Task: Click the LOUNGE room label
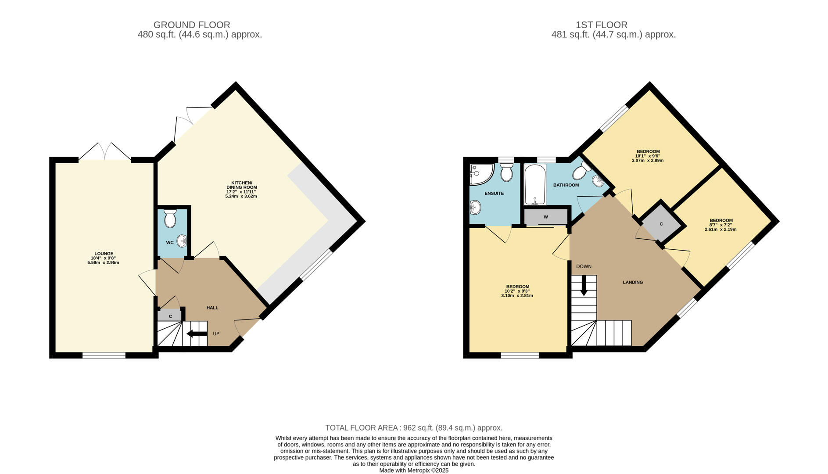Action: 103,254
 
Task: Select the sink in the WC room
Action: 182,241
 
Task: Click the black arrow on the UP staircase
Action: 197,334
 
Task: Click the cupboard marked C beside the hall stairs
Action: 169,316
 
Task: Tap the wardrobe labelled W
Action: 545,217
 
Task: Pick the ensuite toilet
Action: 506,172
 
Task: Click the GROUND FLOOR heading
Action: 191,25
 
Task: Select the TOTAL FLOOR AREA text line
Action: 413,427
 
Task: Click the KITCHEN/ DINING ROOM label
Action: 241,185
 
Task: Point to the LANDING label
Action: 632,282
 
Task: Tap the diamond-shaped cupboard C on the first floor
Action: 661,224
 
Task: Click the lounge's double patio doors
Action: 105,152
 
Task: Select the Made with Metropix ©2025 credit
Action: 413,470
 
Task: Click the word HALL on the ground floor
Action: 212,308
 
